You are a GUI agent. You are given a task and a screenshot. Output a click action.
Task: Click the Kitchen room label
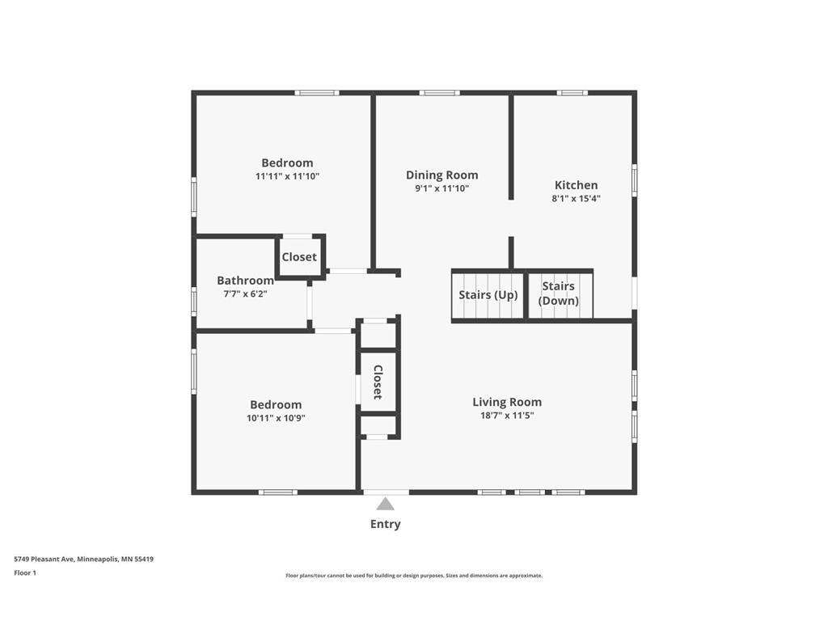[x=576, y=185]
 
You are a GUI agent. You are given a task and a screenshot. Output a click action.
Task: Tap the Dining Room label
[x=441, y=175]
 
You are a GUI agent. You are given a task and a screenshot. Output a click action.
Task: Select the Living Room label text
[x=507, y=402]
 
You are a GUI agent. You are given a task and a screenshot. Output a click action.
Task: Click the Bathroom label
[x=245, y=281]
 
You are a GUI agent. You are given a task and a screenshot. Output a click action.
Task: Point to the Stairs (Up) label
[x=488, y=295]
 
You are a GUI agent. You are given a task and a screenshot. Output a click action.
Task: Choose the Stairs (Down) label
[x=559, y=294]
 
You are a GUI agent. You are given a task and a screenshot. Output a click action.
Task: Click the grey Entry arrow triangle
[x=386, y=504]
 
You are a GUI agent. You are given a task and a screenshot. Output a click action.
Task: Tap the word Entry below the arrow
[x=386, y=524]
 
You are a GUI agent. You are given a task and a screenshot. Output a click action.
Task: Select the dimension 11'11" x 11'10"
[x=287, y=176]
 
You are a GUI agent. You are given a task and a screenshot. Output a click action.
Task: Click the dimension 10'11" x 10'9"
[x=276, y=418]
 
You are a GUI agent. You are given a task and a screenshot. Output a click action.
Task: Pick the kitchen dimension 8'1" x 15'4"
[x=576, y=198]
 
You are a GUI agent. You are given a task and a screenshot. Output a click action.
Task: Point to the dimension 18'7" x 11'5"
[x=507, y=416]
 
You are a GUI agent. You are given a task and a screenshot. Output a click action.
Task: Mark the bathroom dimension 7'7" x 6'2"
[x=245, y=294]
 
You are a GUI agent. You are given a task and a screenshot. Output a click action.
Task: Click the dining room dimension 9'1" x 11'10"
[x=441, y=188]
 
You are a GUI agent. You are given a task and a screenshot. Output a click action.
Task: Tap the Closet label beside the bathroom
[x=299, y=257]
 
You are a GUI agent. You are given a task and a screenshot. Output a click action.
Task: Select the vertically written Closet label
[x=378, y=382]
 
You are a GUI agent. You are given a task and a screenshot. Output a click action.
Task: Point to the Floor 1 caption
[x=25, y=573]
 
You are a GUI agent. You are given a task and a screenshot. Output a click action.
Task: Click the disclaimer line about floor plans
[x=414, y=576]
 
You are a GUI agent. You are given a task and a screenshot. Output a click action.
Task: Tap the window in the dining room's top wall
[x=439, y=93]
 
